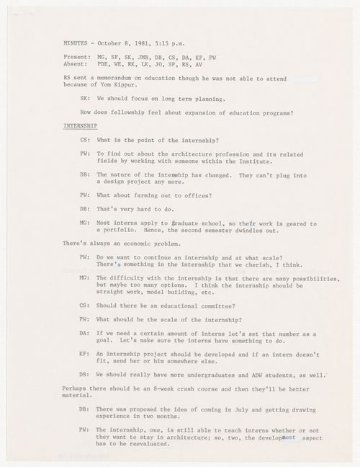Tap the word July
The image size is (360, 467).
pos(249,408)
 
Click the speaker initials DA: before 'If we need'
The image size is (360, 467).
pos(84,334)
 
